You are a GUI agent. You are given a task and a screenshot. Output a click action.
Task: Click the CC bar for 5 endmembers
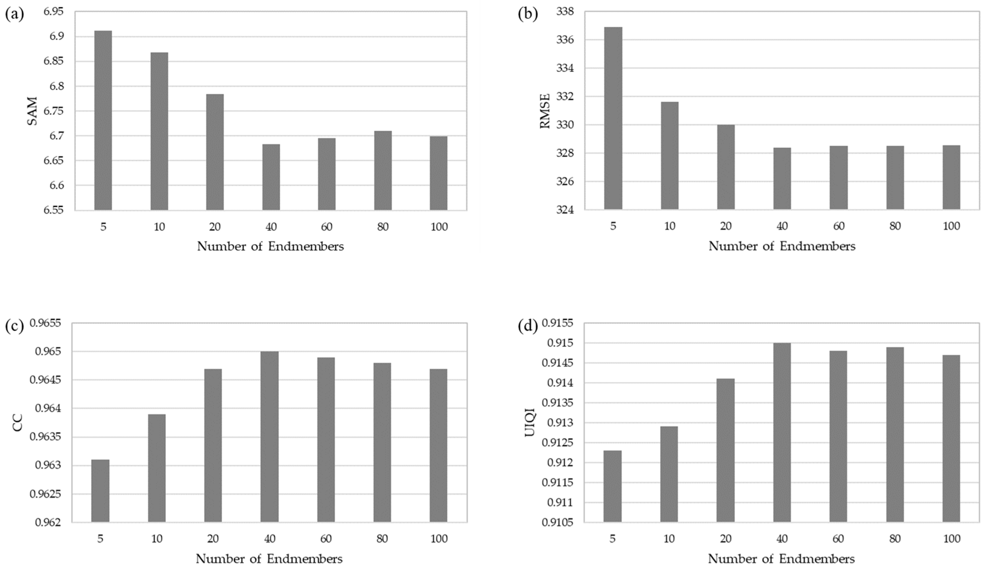pyautogui.click(x=100, y=491)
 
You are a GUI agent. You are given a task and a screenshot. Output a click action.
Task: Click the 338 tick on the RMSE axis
pyautogui.click(x=565, y=12)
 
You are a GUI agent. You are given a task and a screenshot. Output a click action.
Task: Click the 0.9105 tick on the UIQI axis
pyautogui.click(x=557, y=522)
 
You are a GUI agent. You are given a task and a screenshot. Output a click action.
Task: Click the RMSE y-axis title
pyautogui.click(x=545, y=111)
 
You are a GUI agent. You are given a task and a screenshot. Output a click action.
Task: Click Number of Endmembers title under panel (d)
pyautogui.click(x=781, y=558)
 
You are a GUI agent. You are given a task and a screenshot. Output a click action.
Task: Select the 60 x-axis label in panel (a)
pyautogui.click(x=326, y=227)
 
